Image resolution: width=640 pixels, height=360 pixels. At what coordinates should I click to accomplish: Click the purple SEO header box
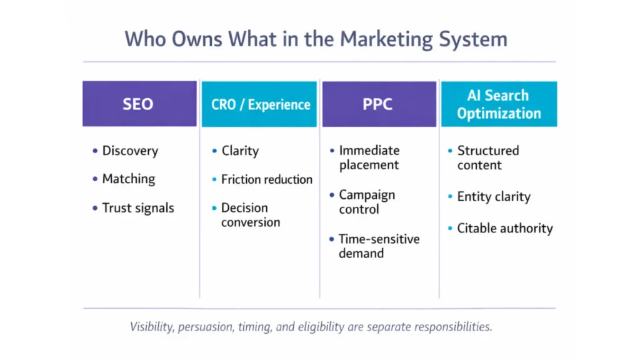[x=139, y=104]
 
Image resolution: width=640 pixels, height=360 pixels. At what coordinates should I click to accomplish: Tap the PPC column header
[x=378, y=104]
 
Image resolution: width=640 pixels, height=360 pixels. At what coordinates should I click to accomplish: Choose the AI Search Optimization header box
[x=498, y=104]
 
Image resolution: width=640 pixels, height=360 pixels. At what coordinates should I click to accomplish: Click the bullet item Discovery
[x=130, y=151]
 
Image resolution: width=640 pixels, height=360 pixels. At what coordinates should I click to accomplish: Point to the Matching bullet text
[x=128, y=179]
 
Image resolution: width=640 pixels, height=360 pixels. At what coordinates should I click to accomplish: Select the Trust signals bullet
[x=137, y=208]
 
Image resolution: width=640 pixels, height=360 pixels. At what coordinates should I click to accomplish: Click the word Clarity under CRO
[x=240, y=151]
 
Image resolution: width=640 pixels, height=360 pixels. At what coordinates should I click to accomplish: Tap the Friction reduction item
[x=266, y=179]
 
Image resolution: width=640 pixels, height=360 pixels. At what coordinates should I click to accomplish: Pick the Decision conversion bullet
[x=250, y=215]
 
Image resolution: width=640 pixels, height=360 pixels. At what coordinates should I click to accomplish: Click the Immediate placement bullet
[x=369, y=157]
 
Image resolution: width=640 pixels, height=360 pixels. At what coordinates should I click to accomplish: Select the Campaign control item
[x=367, y=202]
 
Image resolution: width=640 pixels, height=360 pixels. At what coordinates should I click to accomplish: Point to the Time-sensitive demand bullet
[x=379, y=246]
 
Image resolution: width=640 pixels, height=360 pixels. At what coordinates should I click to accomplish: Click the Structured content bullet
[x=487, y=157]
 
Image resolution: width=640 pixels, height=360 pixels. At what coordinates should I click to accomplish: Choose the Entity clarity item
[x=493, y=197]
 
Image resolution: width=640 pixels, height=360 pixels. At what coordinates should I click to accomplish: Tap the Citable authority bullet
[x=504, y=228]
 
